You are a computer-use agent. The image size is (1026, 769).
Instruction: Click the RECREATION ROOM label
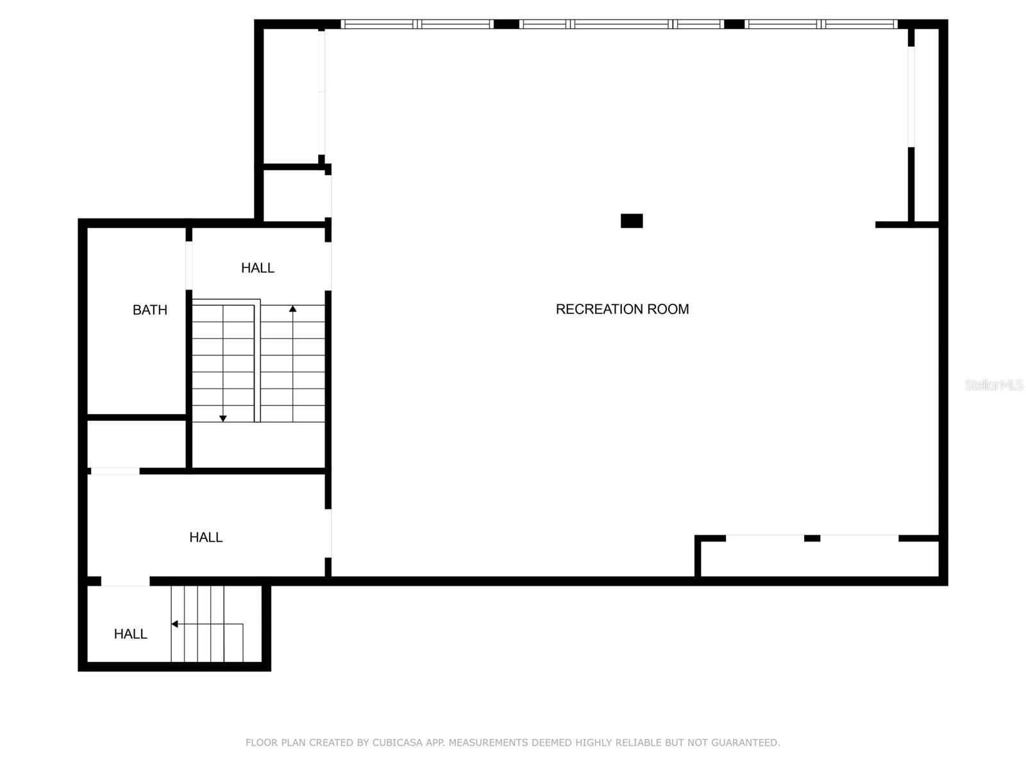622,309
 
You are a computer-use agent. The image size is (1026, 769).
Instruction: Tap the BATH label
149,310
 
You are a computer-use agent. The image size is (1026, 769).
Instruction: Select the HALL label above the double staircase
258,268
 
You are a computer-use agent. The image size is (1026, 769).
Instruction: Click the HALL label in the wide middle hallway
206,538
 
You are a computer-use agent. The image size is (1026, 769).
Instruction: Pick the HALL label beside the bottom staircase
130,634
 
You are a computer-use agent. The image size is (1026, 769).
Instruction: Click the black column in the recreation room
632,221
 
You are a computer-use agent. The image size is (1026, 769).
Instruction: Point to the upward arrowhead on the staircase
293,309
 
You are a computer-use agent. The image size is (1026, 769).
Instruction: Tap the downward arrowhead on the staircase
223,418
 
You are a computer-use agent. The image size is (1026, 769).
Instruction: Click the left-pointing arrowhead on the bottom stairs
174,624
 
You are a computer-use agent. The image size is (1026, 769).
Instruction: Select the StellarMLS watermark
993,384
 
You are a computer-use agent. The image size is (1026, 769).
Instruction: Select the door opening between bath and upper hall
189,265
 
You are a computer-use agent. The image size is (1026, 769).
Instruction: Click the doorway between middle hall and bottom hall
126,581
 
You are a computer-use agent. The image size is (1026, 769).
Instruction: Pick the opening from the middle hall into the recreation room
329,533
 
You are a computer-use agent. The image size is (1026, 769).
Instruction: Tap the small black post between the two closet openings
812,538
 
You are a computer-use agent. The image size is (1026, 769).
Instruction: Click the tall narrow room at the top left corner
292,96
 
